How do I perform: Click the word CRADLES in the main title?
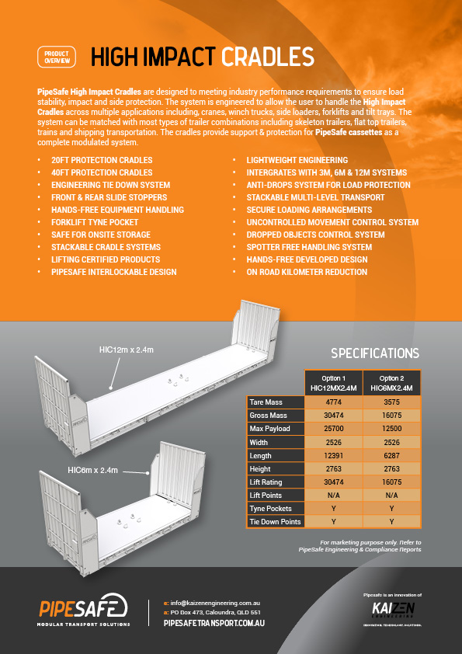coord(267,57)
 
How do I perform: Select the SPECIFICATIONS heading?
coord(375,353)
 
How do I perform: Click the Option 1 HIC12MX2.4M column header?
coord(333,383)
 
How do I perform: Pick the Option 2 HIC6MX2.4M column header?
coord(391,383)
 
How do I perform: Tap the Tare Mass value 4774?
coord(333,403)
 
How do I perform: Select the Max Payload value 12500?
coord(391,430)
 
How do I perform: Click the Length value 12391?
coord(333,456)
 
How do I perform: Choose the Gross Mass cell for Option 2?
coord(391,416)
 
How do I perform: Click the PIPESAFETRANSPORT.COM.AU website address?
coord(215,623)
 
